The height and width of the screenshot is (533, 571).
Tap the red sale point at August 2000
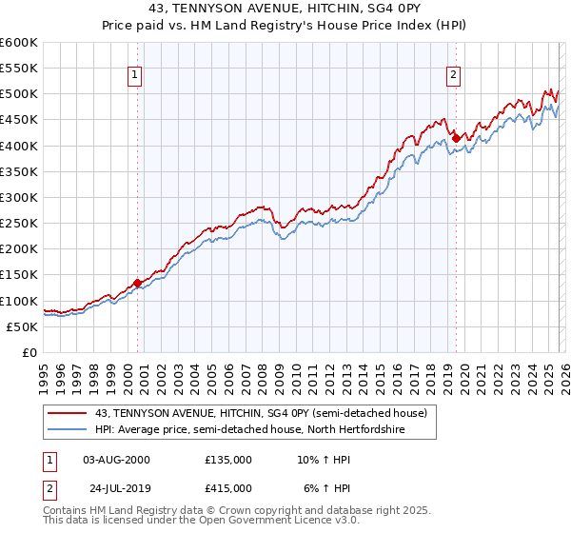tap(137, 283)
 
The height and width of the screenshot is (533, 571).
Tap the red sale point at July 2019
tap(456, 138)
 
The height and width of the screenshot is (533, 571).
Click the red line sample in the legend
tap(68, 413)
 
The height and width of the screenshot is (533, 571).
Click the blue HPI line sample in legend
tap(68, 429)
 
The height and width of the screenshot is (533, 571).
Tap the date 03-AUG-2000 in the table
tap(116, 460)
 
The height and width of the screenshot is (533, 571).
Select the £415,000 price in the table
tap(228, 487)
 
